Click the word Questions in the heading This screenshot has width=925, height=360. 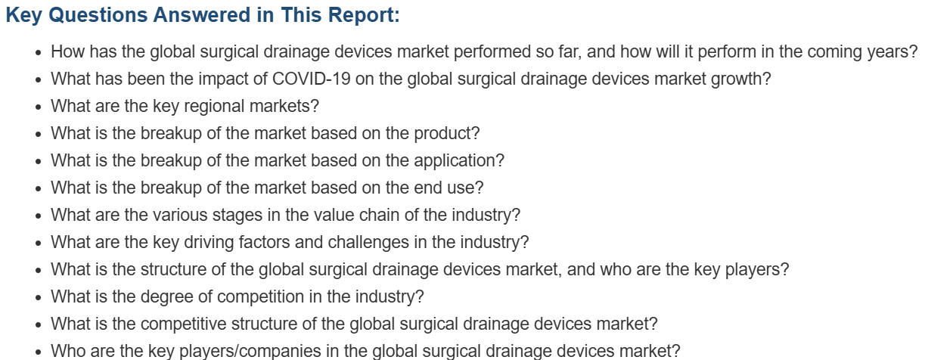point(98,16)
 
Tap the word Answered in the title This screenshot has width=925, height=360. point(202,15)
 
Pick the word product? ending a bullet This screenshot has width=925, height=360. point(447,134)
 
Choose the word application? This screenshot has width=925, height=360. point(459,161)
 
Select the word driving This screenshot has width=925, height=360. point(209,243)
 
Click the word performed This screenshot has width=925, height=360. point(492,52)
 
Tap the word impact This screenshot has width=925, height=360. point(223,79)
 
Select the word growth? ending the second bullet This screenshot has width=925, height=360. point(740,79)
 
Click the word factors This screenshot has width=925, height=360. point(264,242)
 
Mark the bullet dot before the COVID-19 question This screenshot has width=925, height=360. point(39,79)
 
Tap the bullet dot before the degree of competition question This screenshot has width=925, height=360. point(39,298)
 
